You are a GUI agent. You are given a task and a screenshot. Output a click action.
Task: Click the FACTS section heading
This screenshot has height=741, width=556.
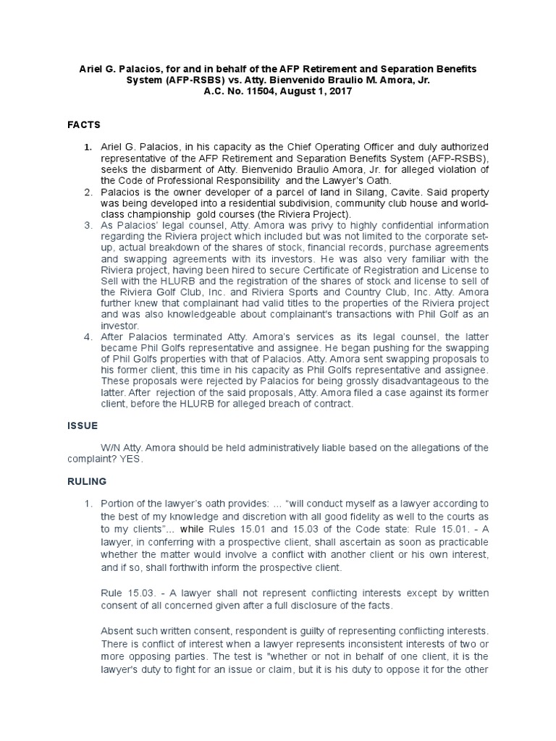pos(84,124)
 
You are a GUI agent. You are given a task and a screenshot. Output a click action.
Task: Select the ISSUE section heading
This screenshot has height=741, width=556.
pos(83,425)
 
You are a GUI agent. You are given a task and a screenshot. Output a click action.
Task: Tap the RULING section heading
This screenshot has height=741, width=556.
pos(87,481)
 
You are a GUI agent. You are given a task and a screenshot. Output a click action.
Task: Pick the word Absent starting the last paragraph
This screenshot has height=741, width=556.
pos(117,628)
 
